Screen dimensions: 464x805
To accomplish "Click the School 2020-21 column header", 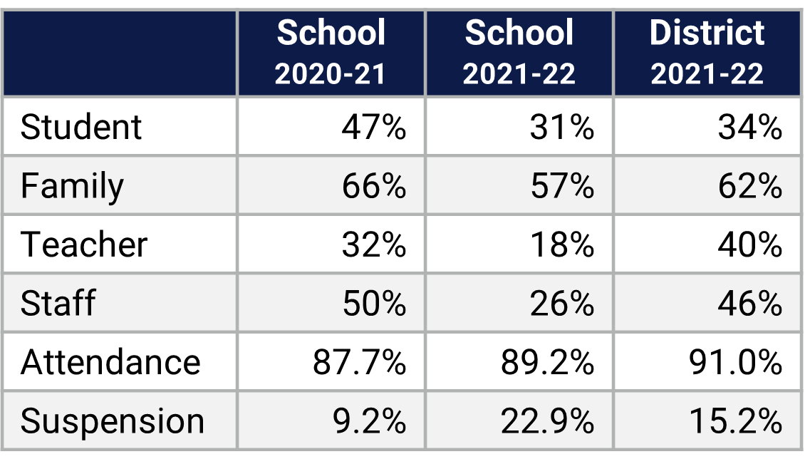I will (331, 53).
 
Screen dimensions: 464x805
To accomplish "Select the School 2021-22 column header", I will (519, 53).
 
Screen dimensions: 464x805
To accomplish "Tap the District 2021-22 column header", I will (707, 53).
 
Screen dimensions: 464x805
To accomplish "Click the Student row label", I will (82, 128).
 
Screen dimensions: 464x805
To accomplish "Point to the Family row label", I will (72, 187).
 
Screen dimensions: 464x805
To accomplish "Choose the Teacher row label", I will (84, 245).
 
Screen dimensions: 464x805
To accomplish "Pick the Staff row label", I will (58, 304).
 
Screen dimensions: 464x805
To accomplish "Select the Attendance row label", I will (110, 362).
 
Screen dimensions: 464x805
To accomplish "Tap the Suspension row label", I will (113, 421).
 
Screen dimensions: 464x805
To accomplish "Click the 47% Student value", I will (374, 128).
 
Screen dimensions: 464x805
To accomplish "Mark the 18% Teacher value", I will (562, 245).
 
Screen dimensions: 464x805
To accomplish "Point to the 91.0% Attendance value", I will (736, 362).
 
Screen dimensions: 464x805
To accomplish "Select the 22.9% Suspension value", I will (548, 421).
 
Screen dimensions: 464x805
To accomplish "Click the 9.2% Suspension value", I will (370, 421).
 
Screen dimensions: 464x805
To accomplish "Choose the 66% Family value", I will (374, 187).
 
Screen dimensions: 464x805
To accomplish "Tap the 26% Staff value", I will (562, 304).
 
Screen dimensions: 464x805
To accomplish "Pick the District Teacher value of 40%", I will (750, 245).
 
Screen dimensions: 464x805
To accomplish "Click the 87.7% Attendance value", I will (360, 362).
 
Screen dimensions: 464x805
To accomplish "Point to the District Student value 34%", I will (750, 128).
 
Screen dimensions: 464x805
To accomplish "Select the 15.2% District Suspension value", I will (736, 421).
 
